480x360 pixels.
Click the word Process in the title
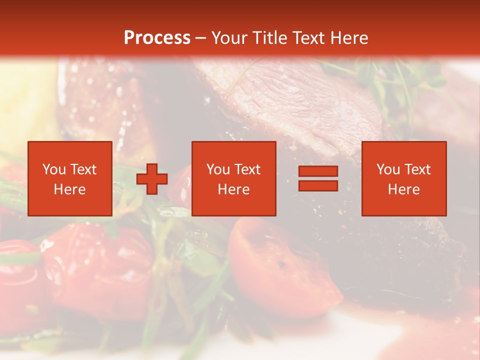[157, 38]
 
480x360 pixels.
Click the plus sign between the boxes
[152, 179]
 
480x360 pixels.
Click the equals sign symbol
[318, 178]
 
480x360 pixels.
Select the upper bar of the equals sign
[318, 171]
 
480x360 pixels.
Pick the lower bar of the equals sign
[318, 185]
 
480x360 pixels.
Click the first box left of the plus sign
[70, 178]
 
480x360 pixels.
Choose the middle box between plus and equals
[234, 178]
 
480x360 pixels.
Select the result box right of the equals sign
[404, 178]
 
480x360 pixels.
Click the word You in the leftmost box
[53, 169]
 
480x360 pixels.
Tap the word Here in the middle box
[234, 189]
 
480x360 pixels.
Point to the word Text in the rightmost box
[417, 169]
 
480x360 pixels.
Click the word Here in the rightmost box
[404, 189]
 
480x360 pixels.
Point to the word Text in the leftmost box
[83, 169]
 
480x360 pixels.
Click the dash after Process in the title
[201, 38]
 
